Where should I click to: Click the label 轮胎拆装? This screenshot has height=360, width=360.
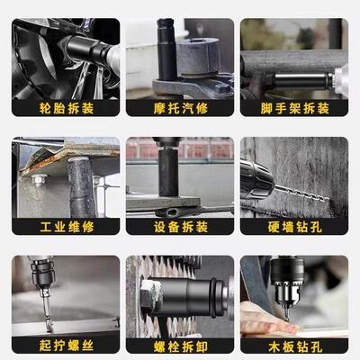tap(66, 108)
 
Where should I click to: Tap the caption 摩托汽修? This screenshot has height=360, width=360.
tap(180, 108)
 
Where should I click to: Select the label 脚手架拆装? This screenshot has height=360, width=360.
tap(294, 108)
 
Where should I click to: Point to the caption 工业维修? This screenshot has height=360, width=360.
tap(66, 226)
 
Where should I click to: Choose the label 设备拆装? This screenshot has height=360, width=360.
tap(180, 226)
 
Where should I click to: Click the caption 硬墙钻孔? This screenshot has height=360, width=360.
tap(294, 226)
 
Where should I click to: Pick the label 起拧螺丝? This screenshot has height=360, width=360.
tap(66, 345)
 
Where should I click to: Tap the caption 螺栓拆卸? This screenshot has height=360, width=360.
tap(180, 345)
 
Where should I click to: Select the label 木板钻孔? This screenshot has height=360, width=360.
tap(294, 345)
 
